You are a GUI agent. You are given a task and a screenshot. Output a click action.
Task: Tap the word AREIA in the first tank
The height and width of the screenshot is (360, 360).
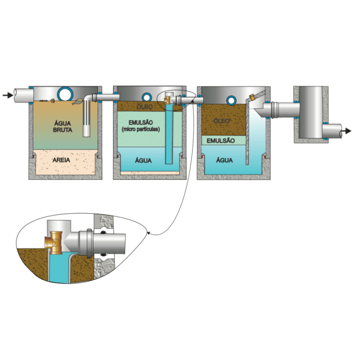click(x=63, y=160)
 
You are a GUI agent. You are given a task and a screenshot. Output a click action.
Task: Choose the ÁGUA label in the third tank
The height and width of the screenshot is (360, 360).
click(x=225, y=160)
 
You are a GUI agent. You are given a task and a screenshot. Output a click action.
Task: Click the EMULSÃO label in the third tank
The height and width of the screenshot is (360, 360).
click(x=219, y=140)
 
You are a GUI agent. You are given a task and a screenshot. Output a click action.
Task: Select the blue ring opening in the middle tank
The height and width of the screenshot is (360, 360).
click(x=146, y=97)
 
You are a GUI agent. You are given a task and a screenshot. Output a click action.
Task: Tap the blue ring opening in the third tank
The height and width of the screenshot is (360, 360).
click(x=231, y=99)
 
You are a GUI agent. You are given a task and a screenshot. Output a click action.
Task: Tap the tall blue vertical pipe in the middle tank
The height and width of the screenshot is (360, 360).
click(x=169, y=136)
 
